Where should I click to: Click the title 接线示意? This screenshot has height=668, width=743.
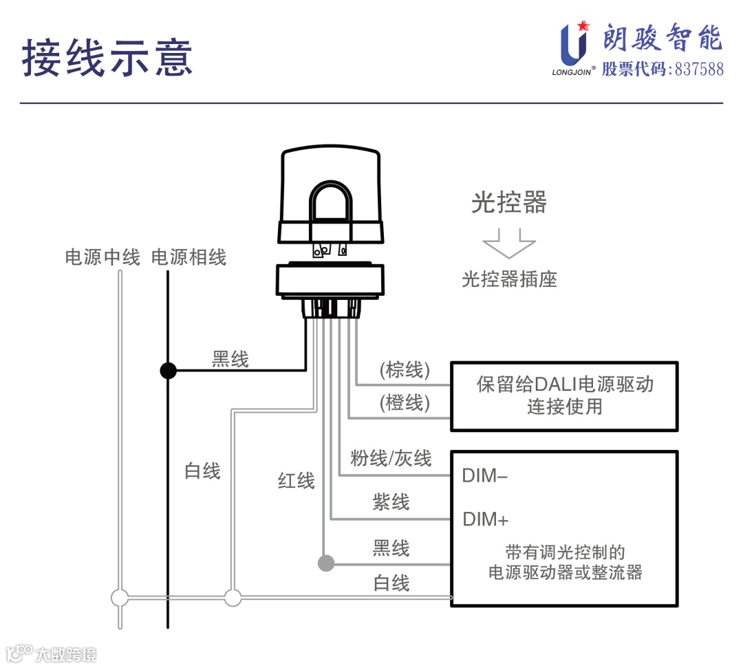107,57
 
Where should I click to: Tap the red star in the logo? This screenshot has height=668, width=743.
584,26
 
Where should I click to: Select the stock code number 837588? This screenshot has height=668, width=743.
698,69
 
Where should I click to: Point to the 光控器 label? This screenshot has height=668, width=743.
508,202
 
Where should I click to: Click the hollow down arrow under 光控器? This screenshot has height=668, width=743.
508,243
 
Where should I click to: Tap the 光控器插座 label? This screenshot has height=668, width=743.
509,279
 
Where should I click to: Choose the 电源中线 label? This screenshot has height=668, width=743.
103,257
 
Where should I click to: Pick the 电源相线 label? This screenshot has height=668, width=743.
189,257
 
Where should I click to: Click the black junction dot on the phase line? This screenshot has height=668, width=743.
168,371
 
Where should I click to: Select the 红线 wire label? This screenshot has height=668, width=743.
297,480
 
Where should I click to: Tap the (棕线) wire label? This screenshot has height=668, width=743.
405,370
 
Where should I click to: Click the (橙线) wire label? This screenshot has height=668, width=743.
405,402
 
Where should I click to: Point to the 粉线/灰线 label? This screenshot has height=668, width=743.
391,458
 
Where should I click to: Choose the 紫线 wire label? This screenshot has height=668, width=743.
391,503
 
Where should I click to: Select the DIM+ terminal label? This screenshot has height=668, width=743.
485,519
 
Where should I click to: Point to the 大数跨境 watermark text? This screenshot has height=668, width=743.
67,654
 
